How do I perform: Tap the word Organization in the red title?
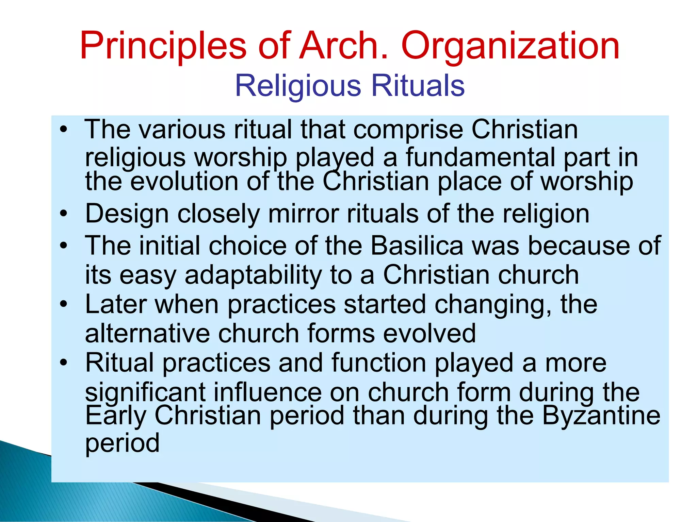[x=510, y=46]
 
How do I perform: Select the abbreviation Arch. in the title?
[x=343, y=46]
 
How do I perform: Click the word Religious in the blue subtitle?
[x=298, y=86]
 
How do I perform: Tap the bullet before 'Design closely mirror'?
[x=63, y=214]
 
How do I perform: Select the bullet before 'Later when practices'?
[x=63, y=304]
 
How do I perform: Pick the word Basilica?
[x=417, y=246]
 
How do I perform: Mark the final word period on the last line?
[x=122, y=443]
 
